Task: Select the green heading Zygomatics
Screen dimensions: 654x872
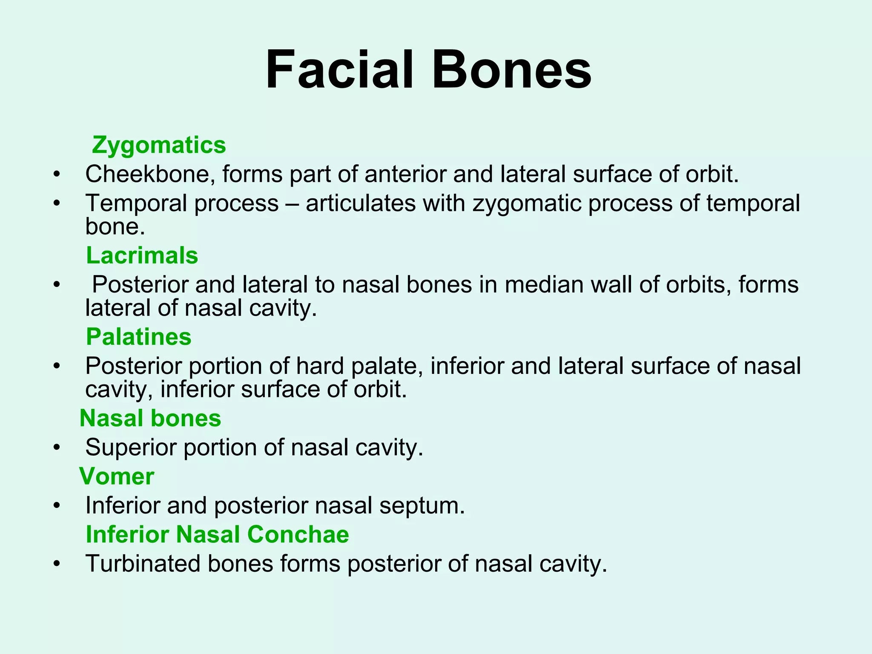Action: pos(159,145)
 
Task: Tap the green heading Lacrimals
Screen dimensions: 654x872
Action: pos(142,255)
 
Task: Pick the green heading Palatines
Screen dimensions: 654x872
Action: pos(139,337)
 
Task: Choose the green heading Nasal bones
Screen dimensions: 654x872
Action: pos(150,418)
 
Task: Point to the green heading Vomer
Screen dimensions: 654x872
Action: pos(117,476)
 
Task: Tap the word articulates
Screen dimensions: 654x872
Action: pos(361,203)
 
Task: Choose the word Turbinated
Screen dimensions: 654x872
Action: pos(143,564)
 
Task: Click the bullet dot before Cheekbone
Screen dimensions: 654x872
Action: pos(57,175)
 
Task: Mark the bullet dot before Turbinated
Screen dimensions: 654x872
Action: pos(57,564)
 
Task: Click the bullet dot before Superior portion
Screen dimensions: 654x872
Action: pos(57,448)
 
